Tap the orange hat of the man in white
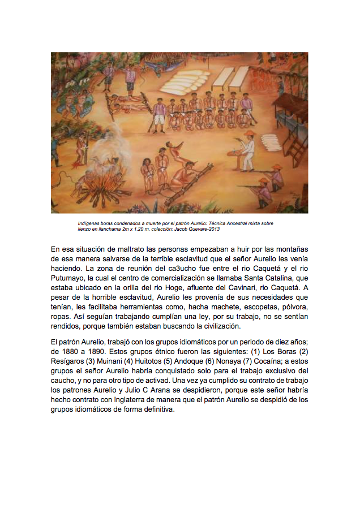249,133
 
